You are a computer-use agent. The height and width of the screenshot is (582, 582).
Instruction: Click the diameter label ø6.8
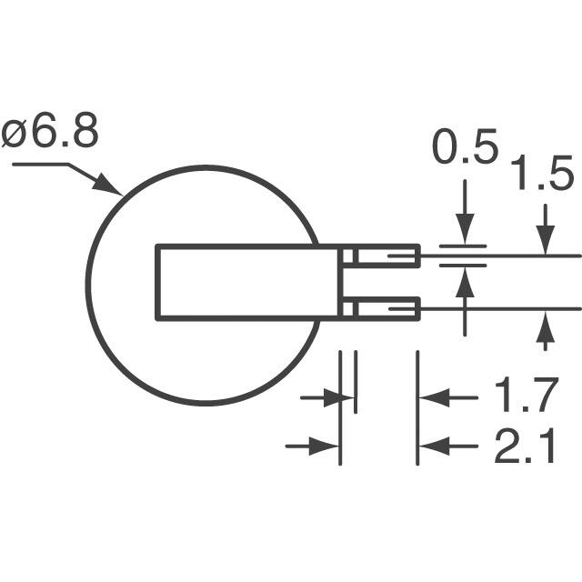(51, 134)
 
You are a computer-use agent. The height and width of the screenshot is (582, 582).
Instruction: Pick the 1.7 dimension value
(525, 397)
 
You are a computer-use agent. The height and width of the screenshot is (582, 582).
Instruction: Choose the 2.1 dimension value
(525, 447)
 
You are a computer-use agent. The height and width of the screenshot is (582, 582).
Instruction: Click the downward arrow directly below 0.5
(465, 227)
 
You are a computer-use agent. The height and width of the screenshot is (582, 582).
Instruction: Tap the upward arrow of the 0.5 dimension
(465, 284)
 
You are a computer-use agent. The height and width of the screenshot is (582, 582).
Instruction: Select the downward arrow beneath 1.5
(545, 238)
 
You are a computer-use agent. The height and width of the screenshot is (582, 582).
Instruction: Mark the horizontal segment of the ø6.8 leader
(41, 165)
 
